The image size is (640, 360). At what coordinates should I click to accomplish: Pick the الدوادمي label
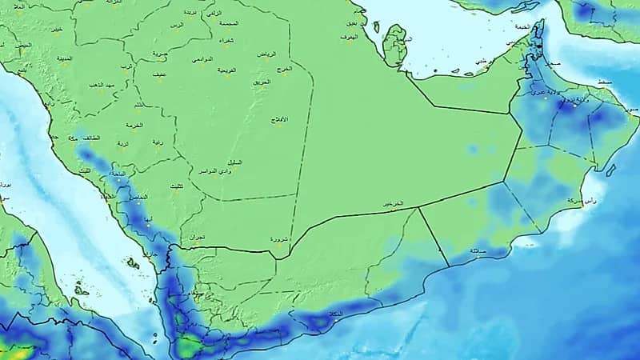click(202, 60)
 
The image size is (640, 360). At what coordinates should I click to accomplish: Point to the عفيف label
click(160, 74)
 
